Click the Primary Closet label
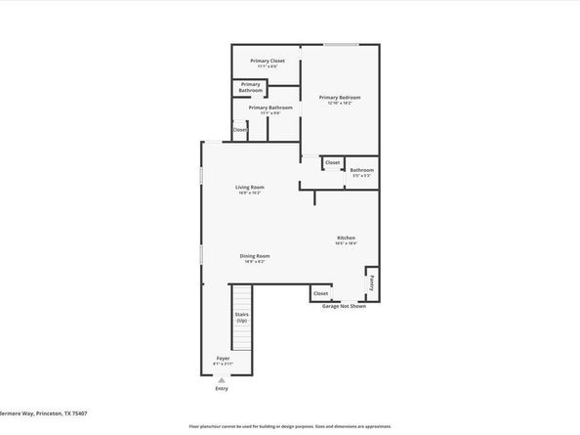[x=260, y=63]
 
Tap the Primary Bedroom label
[x=339, y=99]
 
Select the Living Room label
[x=250, y=189]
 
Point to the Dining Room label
[x=256, y=257]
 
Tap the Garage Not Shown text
[x=345, y=306]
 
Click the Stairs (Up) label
[x=241, y=317]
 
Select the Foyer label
[x=223, y=360]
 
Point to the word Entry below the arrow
[x=222, y=388]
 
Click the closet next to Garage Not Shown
[x=320, y=293]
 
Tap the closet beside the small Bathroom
[x=332, y=162]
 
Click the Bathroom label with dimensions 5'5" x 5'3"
[x=362, y=172]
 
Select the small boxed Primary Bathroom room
[x=250, y=88]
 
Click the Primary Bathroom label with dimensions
[x=270, y=109]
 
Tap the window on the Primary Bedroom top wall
[x=340, y=44]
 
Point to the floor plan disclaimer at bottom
[x=289, y=427]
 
